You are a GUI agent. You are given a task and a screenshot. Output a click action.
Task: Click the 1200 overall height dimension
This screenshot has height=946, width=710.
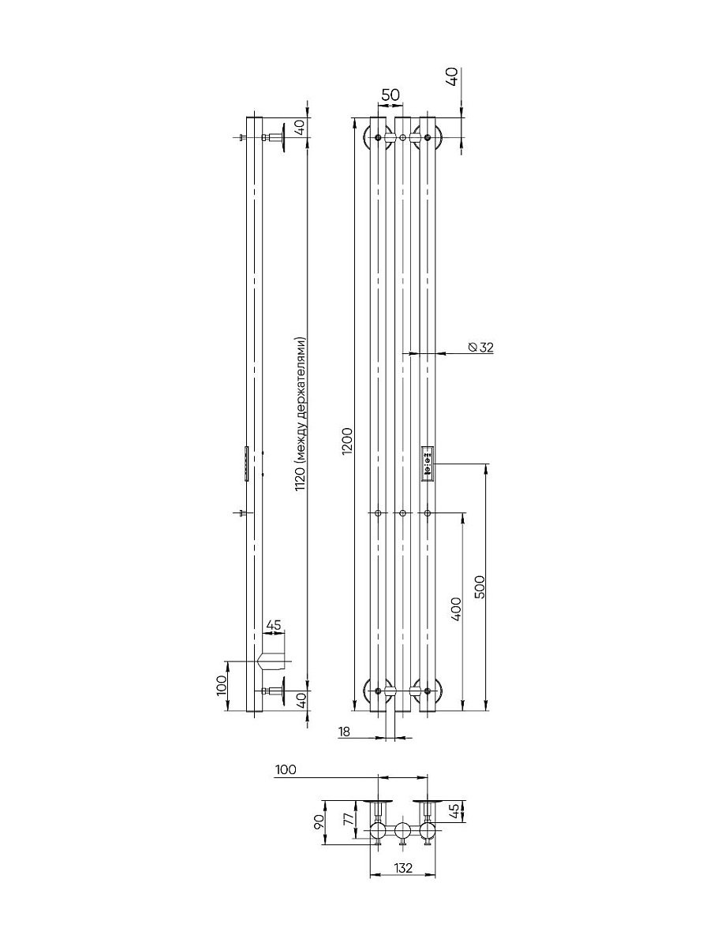348,441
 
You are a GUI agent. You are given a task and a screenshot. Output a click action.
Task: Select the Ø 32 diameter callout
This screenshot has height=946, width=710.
481,348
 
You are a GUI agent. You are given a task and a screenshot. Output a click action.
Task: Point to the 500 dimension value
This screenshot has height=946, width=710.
480,587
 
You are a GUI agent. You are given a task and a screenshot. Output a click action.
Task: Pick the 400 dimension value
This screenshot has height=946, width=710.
456,609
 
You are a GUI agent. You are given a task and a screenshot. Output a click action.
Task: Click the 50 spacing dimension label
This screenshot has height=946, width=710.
390,95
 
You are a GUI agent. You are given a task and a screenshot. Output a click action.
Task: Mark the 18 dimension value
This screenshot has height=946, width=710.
345,732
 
